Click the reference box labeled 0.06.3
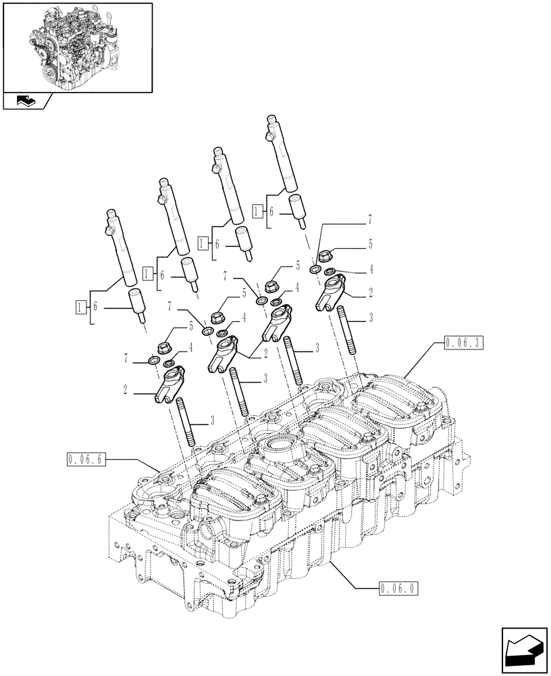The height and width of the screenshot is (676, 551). click(465, 343)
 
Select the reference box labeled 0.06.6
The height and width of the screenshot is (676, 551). click(86, 460)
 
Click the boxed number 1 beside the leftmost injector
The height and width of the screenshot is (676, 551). click(80, 306)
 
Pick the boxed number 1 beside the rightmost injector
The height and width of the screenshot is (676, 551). click(258, 211)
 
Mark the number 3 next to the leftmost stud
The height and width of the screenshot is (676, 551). click(213, 420)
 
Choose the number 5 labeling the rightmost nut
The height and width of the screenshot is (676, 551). click(370, 242)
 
